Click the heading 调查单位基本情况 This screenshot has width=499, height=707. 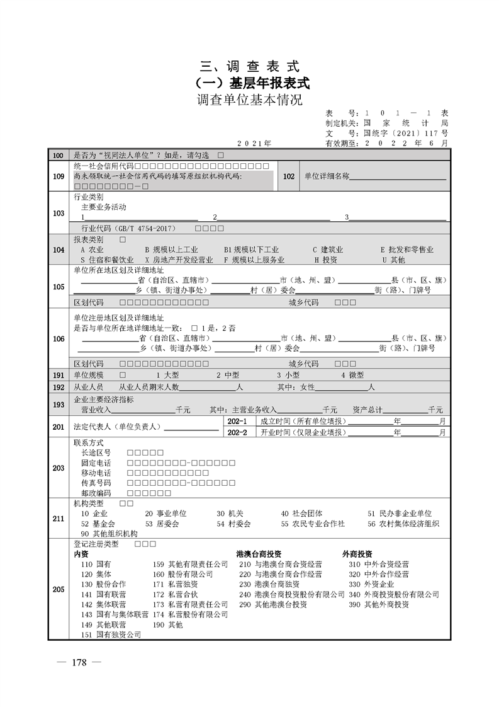[x=249, y=100]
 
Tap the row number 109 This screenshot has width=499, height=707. [x=59, y=176]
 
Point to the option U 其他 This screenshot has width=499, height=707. [x=393, y=260]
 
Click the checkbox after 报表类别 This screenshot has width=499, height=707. [x=122, y=240]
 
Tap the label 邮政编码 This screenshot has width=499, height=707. [x=96, y=493]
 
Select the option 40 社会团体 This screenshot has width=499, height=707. [x=302, y=514]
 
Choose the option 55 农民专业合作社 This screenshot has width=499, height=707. [x=313, y=524]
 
